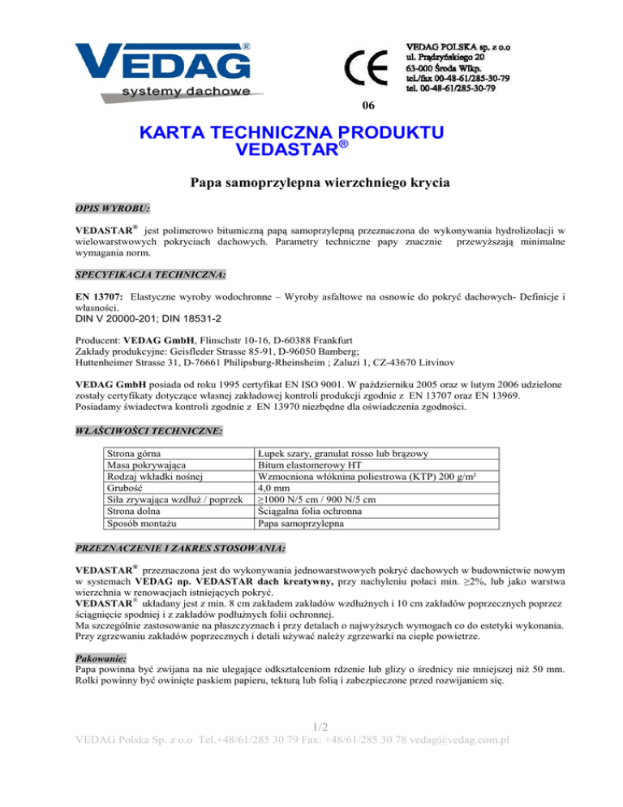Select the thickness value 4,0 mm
click(273, 490)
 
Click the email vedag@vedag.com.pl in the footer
click(466, 786)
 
